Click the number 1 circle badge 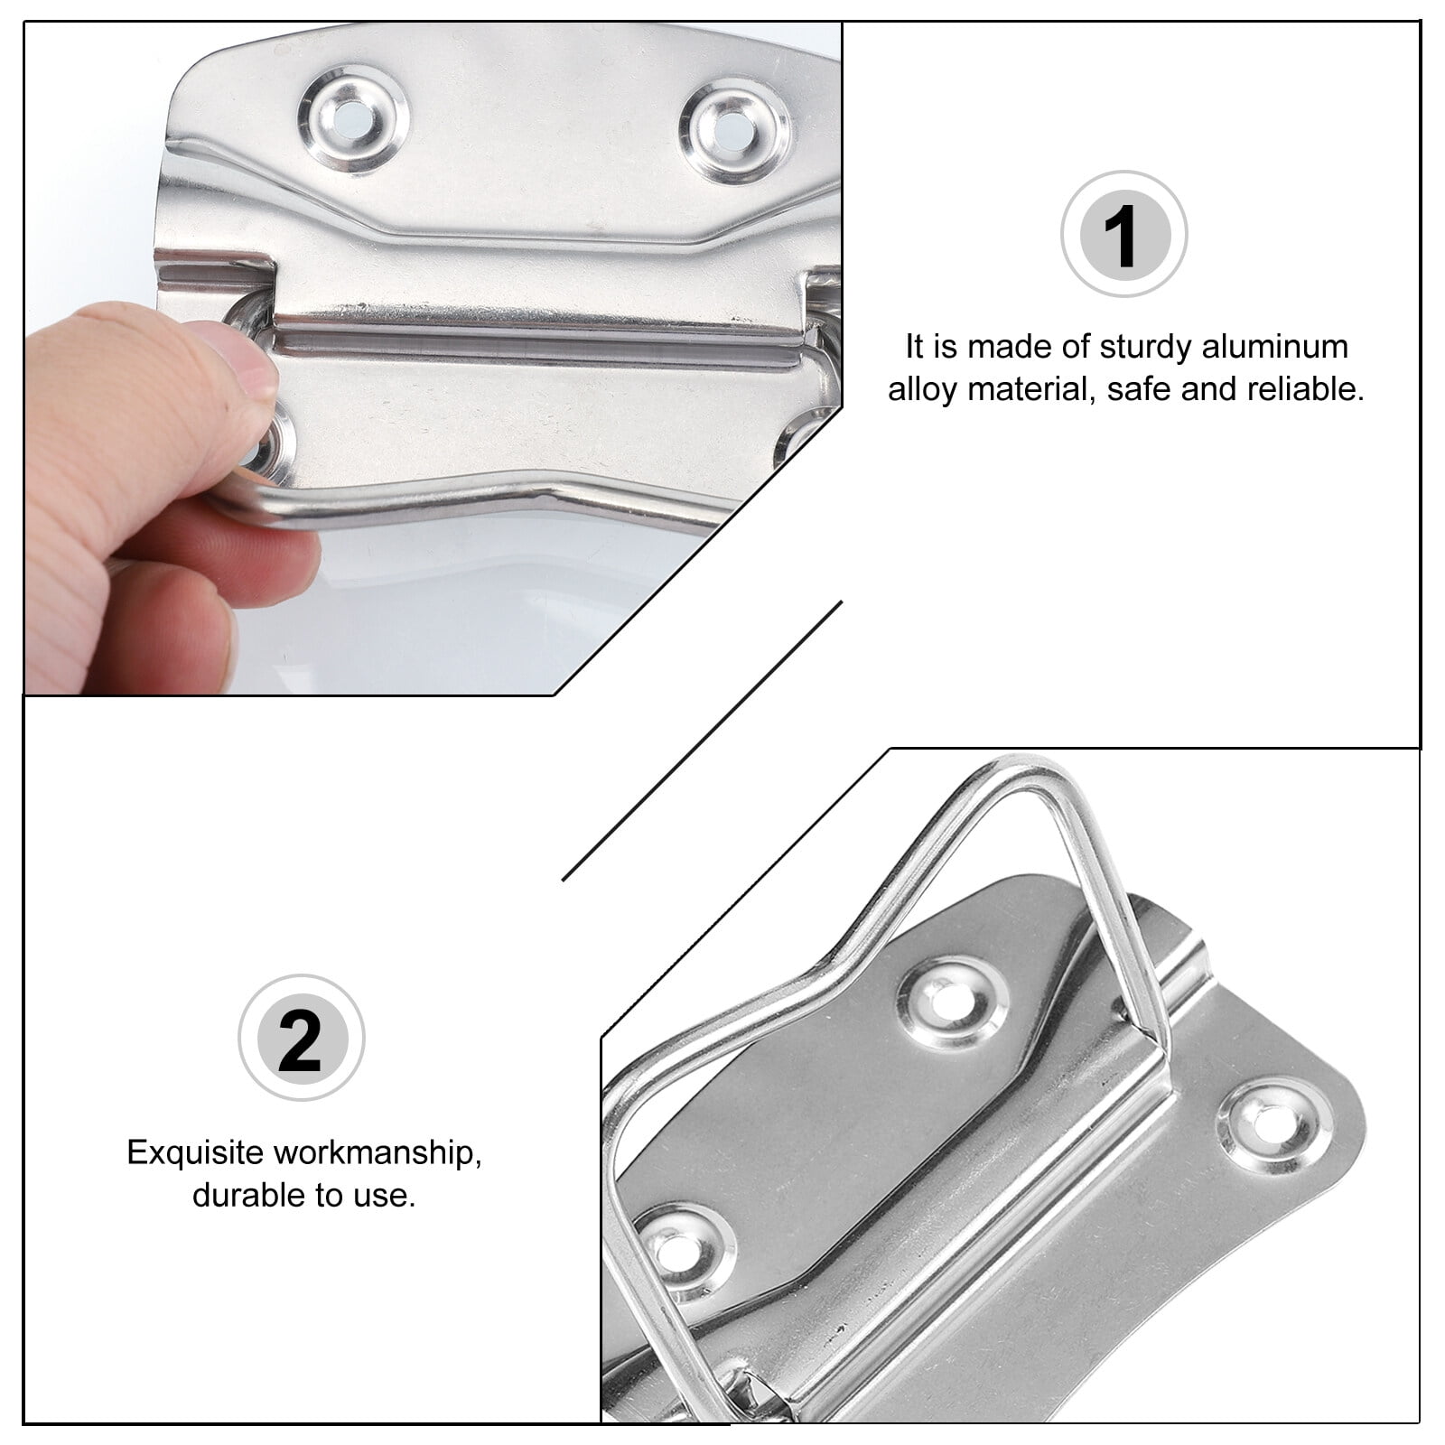coord(1123,234)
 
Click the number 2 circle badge coord(301,1038)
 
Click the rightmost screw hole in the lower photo coord(1274,1126)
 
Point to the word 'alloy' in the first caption coord(922,389)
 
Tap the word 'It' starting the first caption coord(914,347)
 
